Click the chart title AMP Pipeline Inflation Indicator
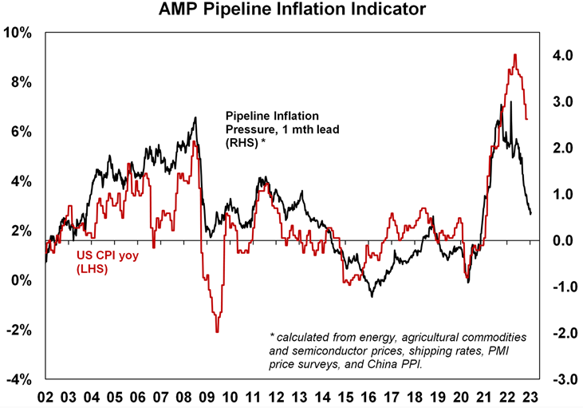[x=291, y=10]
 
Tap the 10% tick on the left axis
[x=18, y=33]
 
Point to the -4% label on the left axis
[x=18, y=378]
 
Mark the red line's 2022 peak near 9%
[x=515, y=54]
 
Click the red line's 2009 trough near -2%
[x=217, y=331]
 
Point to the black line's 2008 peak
[x=195, y=117]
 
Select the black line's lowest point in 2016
[x=371, y=297]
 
